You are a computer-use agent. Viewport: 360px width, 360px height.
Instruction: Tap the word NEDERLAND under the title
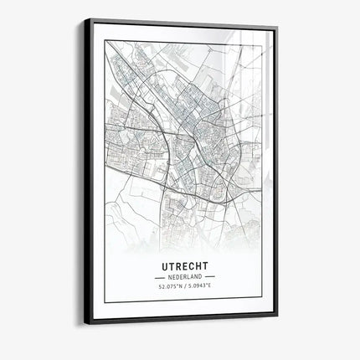click(x=185, y=275)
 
